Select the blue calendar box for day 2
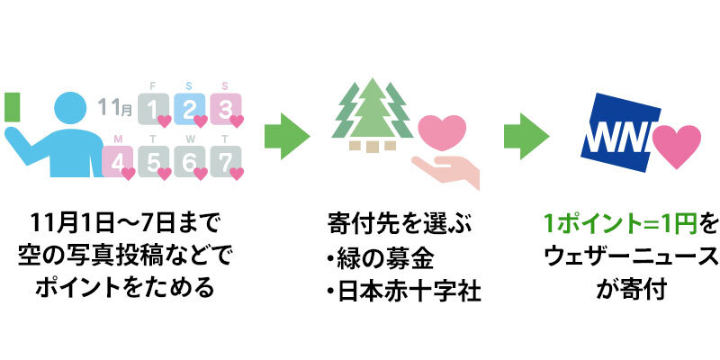tap(190, 110)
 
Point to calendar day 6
tap(190, 160)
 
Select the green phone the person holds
tap(11, 108)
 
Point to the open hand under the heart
tap(448, 171)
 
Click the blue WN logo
tap(616, 135)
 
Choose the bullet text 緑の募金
tap(380, 259)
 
